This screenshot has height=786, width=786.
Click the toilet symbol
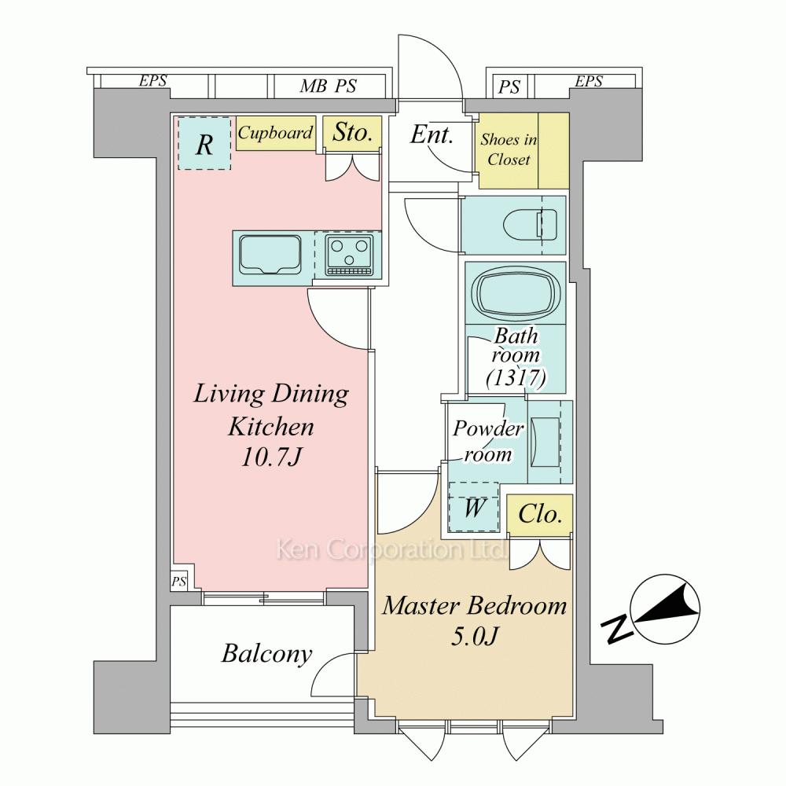(531, 224)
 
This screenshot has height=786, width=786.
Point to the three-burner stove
(350, 255)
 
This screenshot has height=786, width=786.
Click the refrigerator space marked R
(204, 144)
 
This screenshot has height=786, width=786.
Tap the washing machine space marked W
(474, 507)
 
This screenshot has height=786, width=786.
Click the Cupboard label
(275, 133)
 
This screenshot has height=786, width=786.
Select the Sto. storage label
(353, 132)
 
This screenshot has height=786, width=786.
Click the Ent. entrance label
(432, 134)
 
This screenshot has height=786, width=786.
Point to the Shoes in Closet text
(509, 149)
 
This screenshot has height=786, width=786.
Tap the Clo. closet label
(539, 514)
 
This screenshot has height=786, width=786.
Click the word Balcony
(266, 654)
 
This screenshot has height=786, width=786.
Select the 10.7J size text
(270, 457)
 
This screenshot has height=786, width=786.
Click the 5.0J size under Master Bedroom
(474, 636)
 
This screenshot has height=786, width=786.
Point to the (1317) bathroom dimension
(516, 376)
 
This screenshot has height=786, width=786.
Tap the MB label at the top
(314, 86)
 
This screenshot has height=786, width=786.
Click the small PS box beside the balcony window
(179, 581)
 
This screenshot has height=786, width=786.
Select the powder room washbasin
(545, 442)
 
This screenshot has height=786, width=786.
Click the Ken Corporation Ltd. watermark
(391, 549)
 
